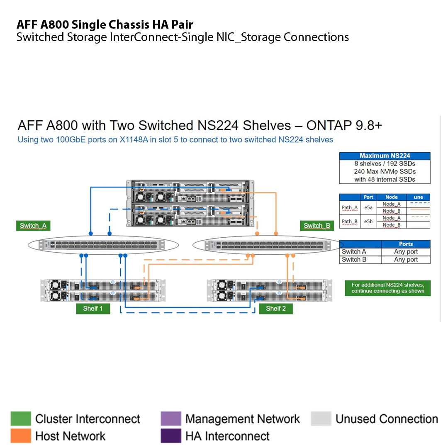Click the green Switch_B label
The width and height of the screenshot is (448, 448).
pos(317,226)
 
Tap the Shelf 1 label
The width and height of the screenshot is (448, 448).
pos(93,309)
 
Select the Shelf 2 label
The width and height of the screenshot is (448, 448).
pos(275,309)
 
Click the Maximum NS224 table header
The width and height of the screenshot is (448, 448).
pos(385,156)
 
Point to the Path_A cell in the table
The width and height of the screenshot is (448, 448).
pos(350,208)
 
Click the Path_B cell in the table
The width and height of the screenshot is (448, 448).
pos(350,222)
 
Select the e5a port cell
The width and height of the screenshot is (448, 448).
pos(368,208)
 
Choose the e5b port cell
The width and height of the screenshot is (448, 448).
pos(368,222)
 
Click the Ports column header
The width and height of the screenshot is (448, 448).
pos(406,244)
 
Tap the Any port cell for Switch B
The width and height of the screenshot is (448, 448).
pos(406,260)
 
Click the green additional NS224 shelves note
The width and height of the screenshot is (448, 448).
pos(387,288)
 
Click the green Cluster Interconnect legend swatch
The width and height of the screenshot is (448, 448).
pos(21,419)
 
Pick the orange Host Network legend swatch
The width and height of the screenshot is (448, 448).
pos(21,436)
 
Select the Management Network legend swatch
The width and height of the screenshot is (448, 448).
pos(170,419)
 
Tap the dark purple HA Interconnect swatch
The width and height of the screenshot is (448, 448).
pos(170,436)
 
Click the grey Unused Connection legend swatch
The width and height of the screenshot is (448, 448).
pos(321,419)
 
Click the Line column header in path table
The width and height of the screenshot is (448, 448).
pos(418,197)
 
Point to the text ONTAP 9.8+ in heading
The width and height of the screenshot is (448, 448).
pos(343,125)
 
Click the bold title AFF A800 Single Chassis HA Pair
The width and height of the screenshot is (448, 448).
pos(105,24)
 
